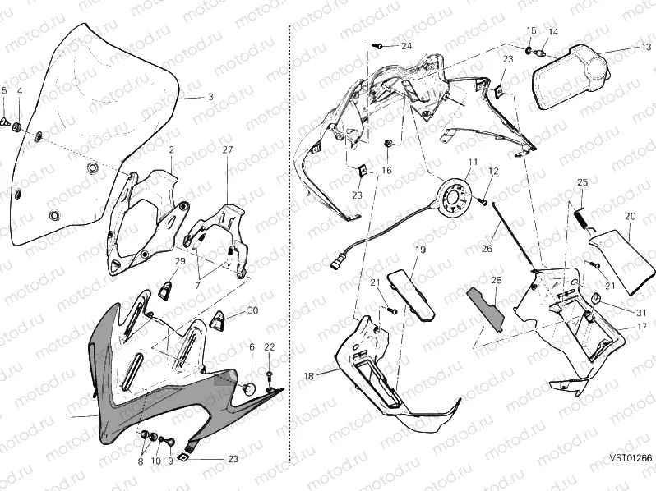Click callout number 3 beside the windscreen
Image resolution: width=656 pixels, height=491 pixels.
pyautogui.click(x=210, y=97)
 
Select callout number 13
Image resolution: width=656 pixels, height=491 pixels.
pyautogui.click(x=646, y=48)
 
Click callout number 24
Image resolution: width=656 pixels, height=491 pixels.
pyautogui.click(x=406, y=46)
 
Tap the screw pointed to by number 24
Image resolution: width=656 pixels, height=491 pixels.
pyautogui.click(x=378, y=46)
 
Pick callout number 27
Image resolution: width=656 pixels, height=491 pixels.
pyautogui.click(x=228, y=150)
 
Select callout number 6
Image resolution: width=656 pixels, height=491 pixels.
pyautogui.click(x=252, y=347)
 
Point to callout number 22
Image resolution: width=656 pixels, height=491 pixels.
pyautogui.click(x=269, y=347)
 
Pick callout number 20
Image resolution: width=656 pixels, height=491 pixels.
pyautogui.click(x=631, y=216)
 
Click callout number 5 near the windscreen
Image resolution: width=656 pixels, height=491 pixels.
pyautogui.click(x=4, y=90)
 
